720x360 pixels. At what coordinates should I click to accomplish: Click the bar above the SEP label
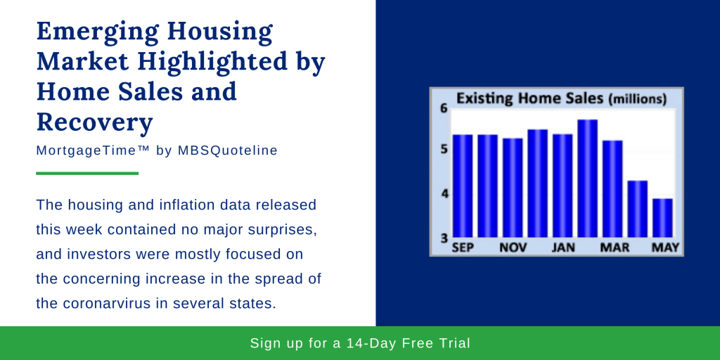pos(463,186)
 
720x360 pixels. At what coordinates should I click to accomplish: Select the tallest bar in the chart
pos(587,179)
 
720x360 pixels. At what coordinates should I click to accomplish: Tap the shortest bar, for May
pos(662,218)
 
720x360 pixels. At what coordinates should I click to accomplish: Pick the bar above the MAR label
pos(612,189)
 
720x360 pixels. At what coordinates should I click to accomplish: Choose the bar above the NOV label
pos(513,188)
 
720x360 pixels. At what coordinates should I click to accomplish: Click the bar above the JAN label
pos(562,186)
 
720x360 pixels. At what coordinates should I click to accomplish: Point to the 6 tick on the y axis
pos(443,109)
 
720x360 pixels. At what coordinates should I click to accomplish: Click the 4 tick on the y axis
pos(444,194)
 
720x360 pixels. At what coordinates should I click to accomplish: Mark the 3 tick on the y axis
pos(444,238)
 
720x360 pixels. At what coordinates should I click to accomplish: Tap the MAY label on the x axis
pos(665,247)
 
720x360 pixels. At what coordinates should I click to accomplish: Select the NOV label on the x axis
pos(513,247)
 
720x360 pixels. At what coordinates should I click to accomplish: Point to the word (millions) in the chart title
pos(637,99)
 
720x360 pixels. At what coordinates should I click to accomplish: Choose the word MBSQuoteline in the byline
pos(228,150)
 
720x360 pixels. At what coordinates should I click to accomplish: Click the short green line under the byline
pos(87,173)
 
